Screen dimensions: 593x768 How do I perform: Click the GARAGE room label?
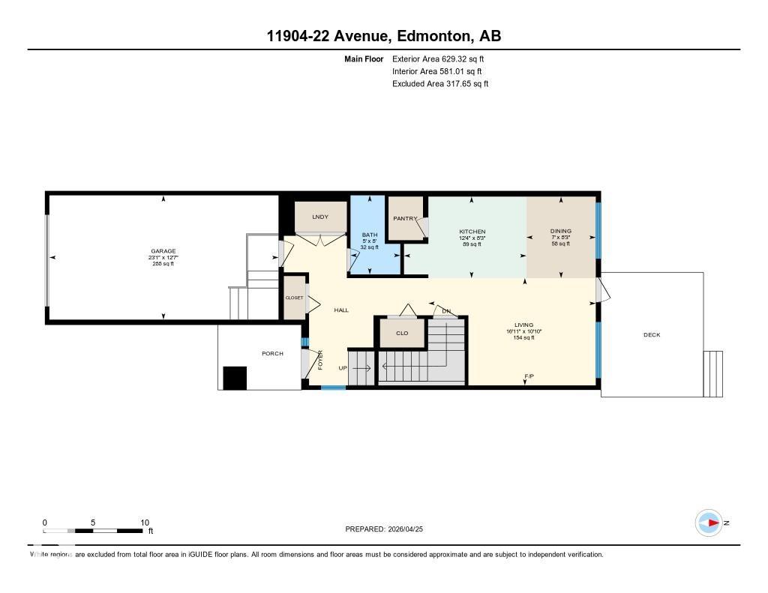click(x=163, y=251)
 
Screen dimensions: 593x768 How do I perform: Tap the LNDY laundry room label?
click(x=320, y=217)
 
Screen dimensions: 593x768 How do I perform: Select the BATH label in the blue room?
click(x=369, y=235)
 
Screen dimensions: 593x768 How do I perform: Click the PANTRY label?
click(x=405, y=219)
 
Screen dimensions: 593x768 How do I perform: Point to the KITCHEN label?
click(x=472, y=232)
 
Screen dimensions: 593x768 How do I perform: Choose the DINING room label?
click(x=561, y=232)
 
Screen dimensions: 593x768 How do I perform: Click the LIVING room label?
click(x=523, y=325)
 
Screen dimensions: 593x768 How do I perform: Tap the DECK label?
click(x=652, y=335)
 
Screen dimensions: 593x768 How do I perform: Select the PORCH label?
click(x=272, y=354)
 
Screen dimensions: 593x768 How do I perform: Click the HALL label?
click(x=341, y=310)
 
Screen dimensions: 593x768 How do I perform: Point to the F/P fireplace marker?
click(x=529, y=376)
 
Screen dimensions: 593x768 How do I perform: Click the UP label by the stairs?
click(x=343, y=368)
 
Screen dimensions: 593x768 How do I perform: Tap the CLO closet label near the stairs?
click(x=402, y=333)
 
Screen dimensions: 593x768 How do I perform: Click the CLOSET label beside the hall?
click(x=294, y=298)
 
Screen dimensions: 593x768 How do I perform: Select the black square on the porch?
click(x=235, y=378)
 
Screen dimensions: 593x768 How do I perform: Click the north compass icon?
click(x=709, y=523)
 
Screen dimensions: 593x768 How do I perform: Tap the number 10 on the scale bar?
click(x=145, y=523)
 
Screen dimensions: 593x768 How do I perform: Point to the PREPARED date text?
click(x=388, y=529)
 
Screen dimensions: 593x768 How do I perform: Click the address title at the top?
click(x=383, y=35)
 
